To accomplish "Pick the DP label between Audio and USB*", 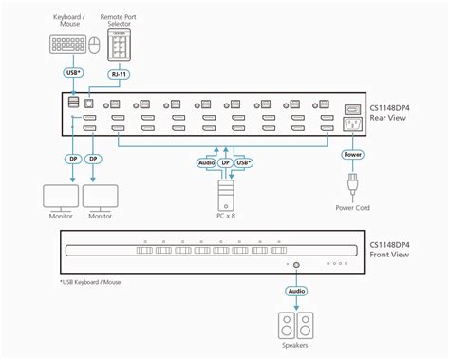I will click(226, 162).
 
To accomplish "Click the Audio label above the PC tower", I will click(206, 162).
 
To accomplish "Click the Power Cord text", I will click(353, 208).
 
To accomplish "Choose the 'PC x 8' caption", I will click(226, 218).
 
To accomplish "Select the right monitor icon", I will click(101, 195).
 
